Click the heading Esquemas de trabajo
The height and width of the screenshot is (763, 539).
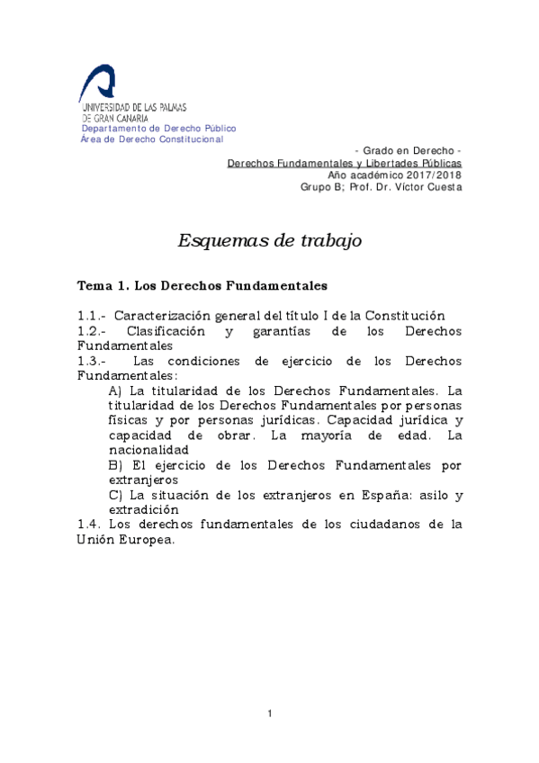click(x=269, y=240)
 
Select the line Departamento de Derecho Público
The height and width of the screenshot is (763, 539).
click(x=158, y=129)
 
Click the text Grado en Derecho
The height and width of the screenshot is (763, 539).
click(x=409, y=149)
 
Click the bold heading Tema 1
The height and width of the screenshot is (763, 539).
click(x=103, y=286)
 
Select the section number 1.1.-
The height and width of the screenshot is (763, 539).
click(x=92, y=316)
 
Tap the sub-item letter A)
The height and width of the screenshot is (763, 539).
click(x=114, y=391)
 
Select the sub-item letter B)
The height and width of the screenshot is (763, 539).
click(x=114, y=465)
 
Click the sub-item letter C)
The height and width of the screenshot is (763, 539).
click(x=114, y=495)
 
